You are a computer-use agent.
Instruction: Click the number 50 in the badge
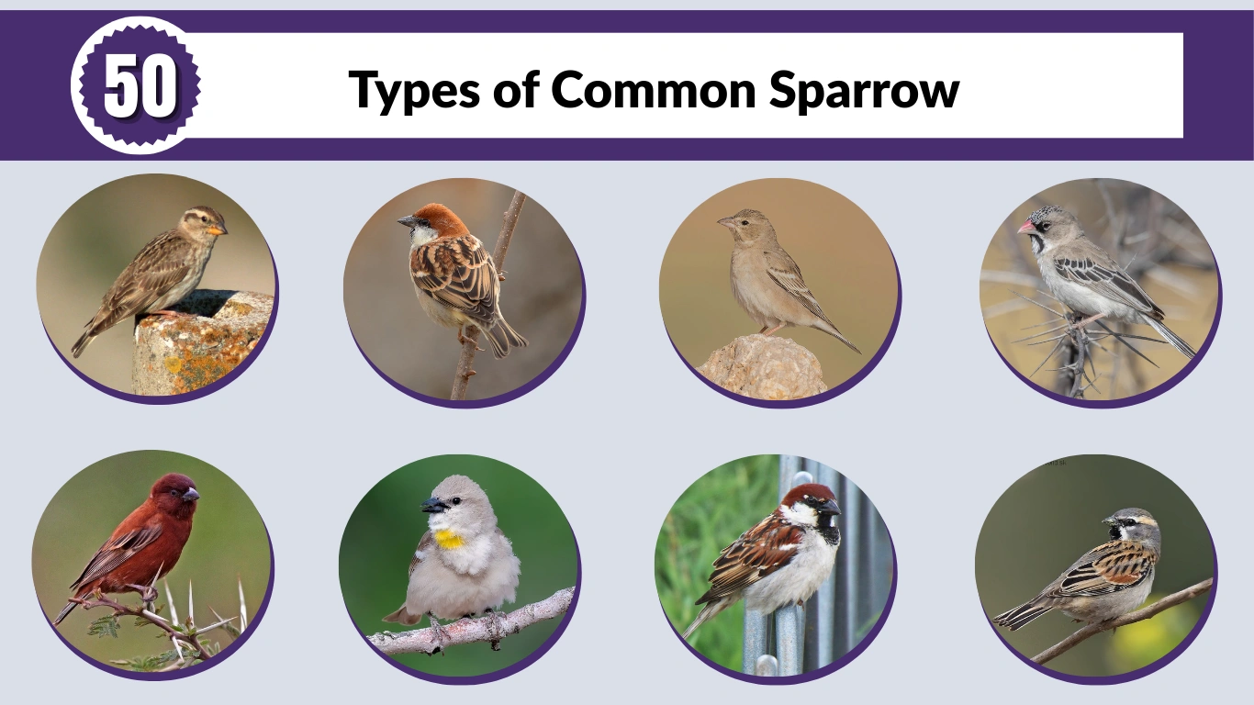[x=140, y=85]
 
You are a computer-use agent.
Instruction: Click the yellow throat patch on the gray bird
[x=450, y=539]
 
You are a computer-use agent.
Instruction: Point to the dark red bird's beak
[x=190, y=494]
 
